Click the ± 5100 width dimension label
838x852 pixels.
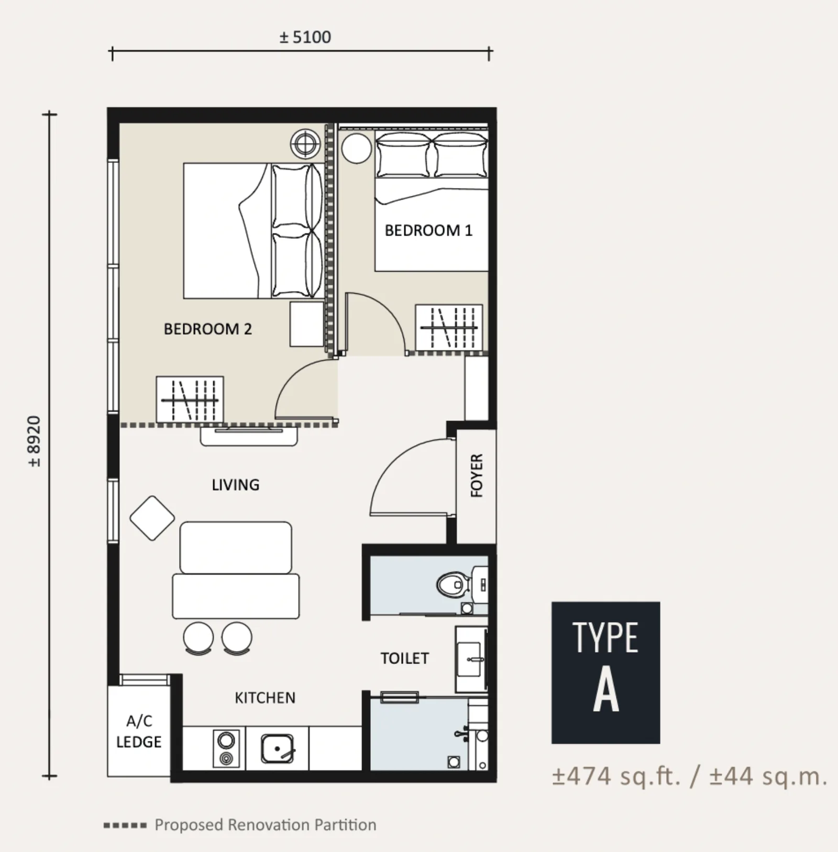[x=305, y=37]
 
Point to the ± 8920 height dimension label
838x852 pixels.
[x=34, y=441]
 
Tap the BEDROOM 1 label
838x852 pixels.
[x=428, y=230]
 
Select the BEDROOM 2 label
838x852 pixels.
[x=207, y=329]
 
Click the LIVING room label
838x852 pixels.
[x=235, y=485]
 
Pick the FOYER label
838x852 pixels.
[x=477, y=475]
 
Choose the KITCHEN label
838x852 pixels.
[x=265, y=698]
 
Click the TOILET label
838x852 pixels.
[x=404, y=658]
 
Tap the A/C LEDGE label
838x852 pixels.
[x=139, y=732]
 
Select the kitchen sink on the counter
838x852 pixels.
[x=278, y=749]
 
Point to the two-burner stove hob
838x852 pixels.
[x=226, y=748]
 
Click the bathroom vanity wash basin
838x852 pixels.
[x=470, y=660]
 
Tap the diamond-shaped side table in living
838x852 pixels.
[x=152, y=518]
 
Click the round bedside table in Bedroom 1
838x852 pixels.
[x=357, y=148]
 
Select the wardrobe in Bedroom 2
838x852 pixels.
[x=190, y=399]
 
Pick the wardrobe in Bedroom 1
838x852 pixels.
[x=449, y=327]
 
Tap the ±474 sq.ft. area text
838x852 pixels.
[x=616, y=776]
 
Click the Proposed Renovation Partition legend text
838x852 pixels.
[x=266, y=825]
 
